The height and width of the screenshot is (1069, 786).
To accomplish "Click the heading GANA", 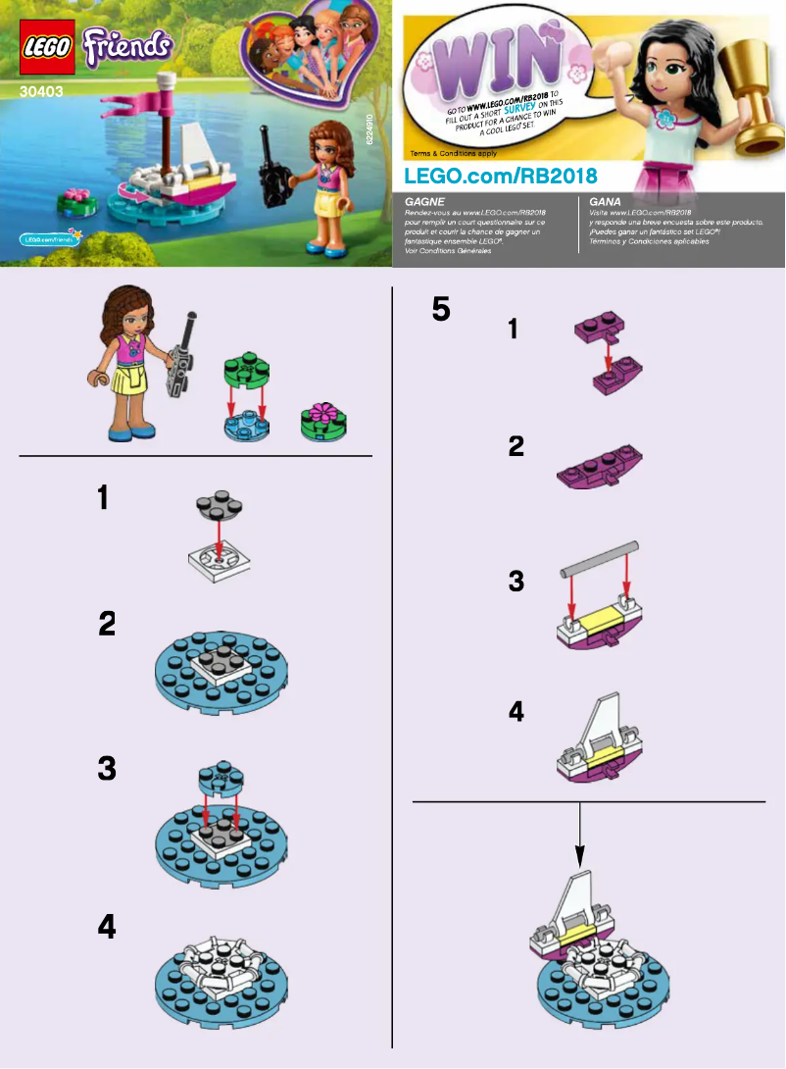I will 605,200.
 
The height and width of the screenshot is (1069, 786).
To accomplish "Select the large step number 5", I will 442,310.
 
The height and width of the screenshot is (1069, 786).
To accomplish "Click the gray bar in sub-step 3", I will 600,557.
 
